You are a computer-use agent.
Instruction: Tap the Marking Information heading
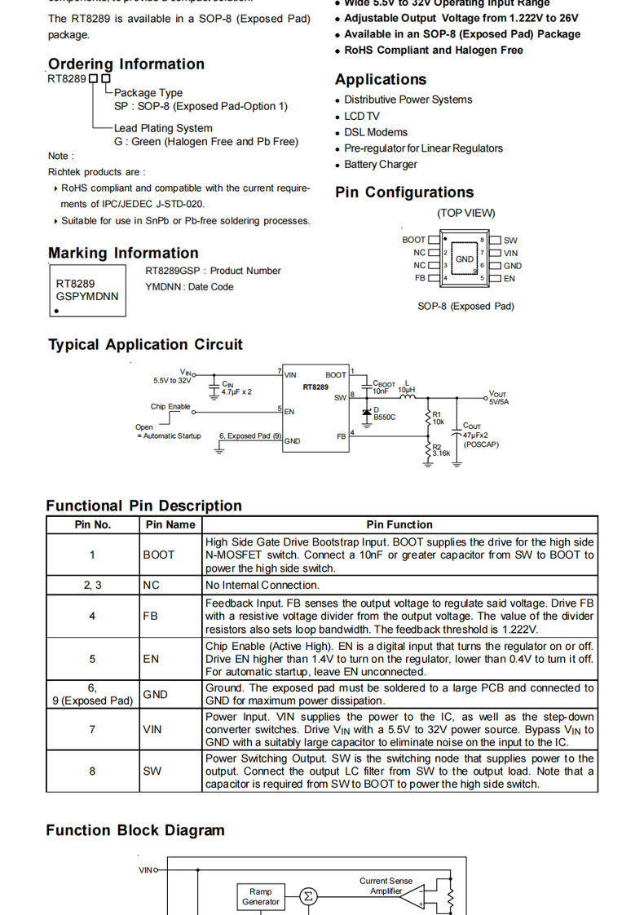[123, 253]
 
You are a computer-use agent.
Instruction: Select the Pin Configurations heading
[404, 192]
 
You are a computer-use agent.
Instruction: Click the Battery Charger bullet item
[380, 165]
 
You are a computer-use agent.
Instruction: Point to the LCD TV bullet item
[361, 116]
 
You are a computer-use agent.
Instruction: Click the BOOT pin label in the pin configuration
[413, 240]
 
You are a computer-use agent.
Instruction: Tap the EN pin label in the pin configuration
[509, 278]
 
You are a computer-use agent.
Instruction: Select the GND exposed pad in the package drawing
[465, 259]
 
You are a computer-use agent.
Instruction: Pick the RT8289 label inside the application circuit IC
[315, 387]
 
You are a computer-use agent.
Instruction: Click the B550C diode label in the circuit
[384, 417]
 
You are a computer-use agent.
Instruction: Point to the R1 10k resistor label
[438, 418]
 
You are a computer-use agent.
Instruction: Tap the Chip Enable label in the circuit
[170, 406]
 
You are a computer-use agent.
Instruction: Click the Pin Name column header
[170, 524]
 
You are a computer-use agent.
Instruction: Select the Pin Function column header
[399, 524]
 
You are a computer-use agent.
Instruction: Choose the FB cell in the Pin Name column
[151, 617]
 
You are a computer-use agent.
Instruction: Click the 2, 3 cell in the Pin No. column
[93, 585]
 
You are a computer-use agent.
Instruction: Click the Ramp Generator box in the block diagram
[261, 897]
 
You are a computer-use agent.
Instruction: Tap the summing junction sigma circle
[308, 897]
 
